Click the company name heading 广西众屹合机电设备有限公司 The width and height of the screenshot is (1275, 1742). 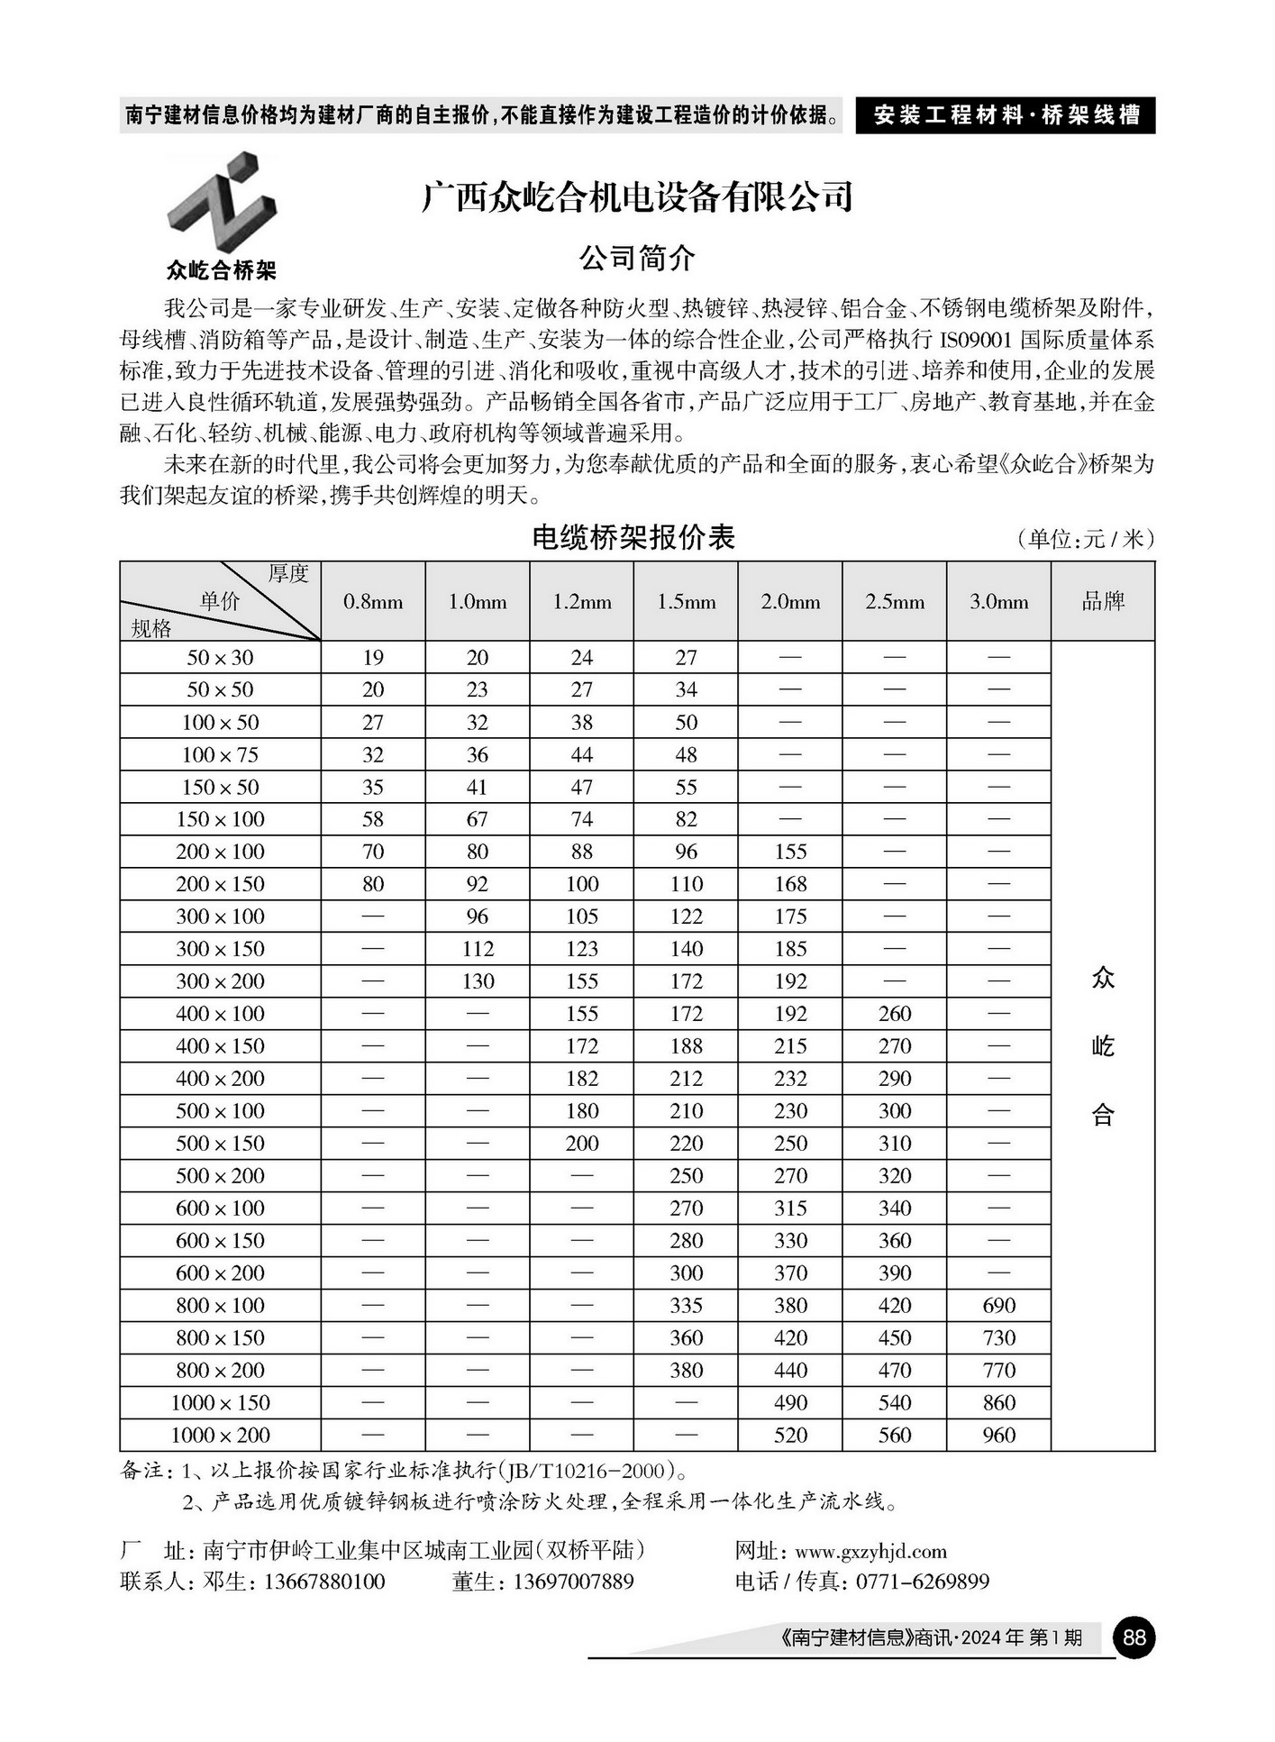pos(637,197)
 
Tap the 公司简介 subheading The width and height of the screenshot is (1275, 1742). pos(637,259)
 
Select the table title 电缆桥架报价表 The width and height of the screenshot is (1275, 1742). pos(633,538)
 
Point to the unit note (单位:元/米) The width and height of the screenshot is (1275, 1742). pos(1085,539)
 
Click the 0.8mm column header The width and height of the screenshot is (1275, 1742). pos(373,602)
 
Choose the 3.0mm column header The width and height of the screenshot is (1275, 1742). pos(998,602)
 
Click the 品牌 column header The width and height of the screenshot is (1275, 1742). pos(1103,602)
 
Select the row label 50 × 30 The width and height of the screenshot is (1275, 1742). pos(220,658)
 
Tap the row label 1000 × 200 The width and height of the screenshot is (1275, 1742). pos(220,1435)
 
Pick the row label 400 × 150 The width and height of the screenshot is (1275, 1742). pos(220,1046)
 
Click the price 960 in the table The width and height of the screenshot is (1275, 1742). pos(998,1435)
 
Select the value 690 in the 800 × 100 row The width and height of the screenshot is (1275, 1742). pos(998,1305)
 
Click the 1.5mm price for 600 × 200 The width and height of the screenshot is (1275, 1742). pos(686,1272)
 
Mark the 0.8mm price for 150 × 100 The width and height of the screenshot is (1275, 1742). pos(373,819)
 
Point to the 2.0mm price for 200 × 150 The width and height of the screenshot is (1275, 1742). pos(790,884)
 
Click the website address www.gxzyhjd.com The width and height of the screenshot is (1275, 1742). pos(870,1551)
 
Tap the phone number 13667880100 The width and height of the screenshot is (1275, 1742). pos(323,1582)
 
